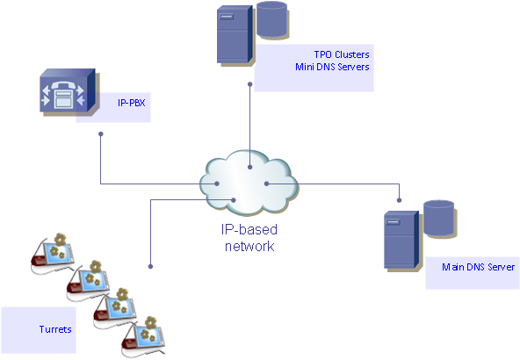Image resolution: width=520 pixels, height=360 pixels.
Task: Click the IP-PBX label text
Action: tap(132, 103)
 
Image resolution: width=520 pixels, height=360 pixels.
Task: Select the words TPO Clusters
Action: tap(342, 54)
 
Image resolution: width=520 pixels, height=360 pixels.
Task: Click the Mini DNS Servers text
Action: tap(332, 67)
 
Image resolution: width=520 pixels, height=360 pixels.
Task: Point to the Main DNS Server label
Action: tap(478, 267)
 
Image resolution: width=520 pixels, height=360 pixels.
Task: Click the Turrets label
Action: tap(55, 329)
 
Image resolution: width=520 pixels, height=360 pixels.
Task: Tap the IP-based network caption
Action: tap(249, 238)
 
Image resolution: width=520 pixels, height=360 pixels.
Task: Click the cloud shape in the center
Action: tap(249, 183)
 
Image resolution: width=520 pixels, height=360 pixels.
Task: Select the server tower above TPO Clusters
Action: tap(235, 35)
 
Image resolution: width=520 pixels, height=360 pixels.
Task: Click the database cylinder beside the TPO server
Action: tap(272, 20)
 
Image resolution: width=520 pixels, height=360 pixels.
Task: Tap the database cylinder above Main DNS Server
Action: tap(439, 219)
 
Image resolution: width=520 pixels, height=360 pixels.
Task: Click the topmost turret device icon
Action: tap(53, 253)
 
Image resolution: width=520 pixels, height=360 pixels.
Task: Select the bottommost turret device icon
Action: tap(143, 337)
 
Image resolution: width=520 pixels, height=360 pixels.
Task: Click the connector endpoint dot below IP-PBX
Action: tap(101, 134)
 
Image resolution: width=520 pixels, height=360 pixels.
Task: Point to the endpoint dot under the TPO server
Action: tap(250, 84)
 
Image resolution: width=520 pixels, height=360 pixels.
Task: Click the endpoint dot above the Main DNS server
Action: tap(400, 200)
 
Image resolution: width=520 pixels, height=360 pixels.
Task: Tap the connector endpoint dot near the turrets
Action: tap(150, 267)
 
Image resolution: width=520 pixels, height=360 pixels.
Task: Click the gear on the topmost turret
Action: tap(61, 240)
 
